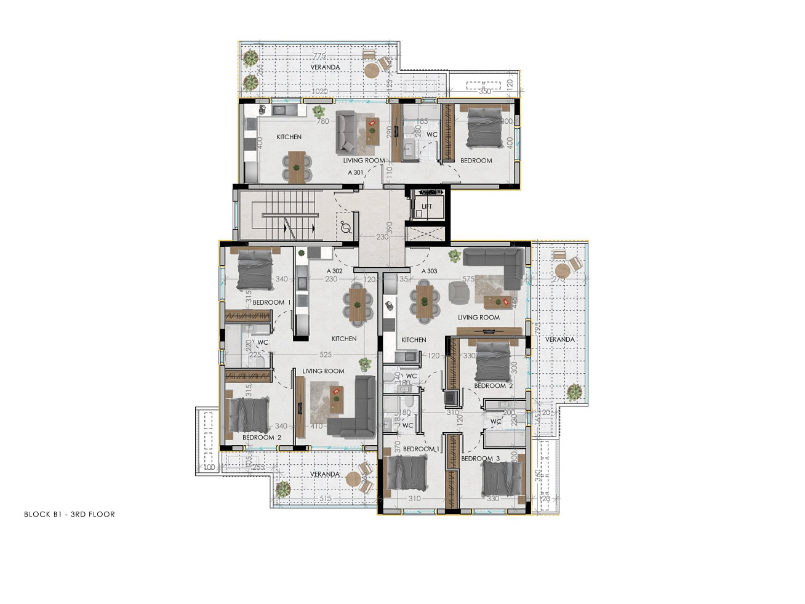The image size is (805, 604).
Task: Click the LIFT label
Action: (x=427, y=206)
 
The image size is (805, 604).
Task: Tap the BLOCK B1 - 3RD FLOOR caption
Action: (x=70, y=514)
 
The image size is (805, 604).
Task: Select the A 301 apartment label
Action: (x=356, y=173)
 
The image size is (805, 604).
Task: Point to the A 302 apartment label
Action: (x=335, y=271)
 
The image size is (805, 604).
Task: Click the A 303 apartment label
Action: (x=430, y=271)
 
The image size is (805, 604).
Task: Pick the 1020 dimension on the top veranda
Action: (x=319, y=92)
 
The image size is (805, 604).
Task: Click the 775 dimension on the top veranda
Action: (x=319, y=57)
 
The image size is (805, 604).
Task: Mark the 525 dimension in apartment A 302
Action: (x=326, y=355)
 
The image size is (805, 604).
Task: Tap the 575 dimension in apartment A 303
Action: (x=468, y=280)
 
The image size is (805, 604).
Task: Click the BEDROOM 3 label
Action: (x=481, y=459)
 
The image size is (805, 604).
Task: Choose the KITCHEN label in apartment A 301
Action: (x=289, y=137)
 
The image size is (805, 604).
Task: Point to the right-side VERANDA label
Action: (x=560, y=339)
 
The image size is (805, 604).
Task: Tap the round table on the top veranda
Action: (x=372, y=70)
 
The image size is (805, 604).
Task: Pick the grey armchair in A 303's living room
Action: (x=459, y=292)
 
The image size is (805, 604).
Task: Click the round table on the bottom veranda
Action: (x=354, y=480)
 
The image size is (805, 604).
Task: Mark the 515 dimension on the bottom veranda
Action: (x=326, y=499)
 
